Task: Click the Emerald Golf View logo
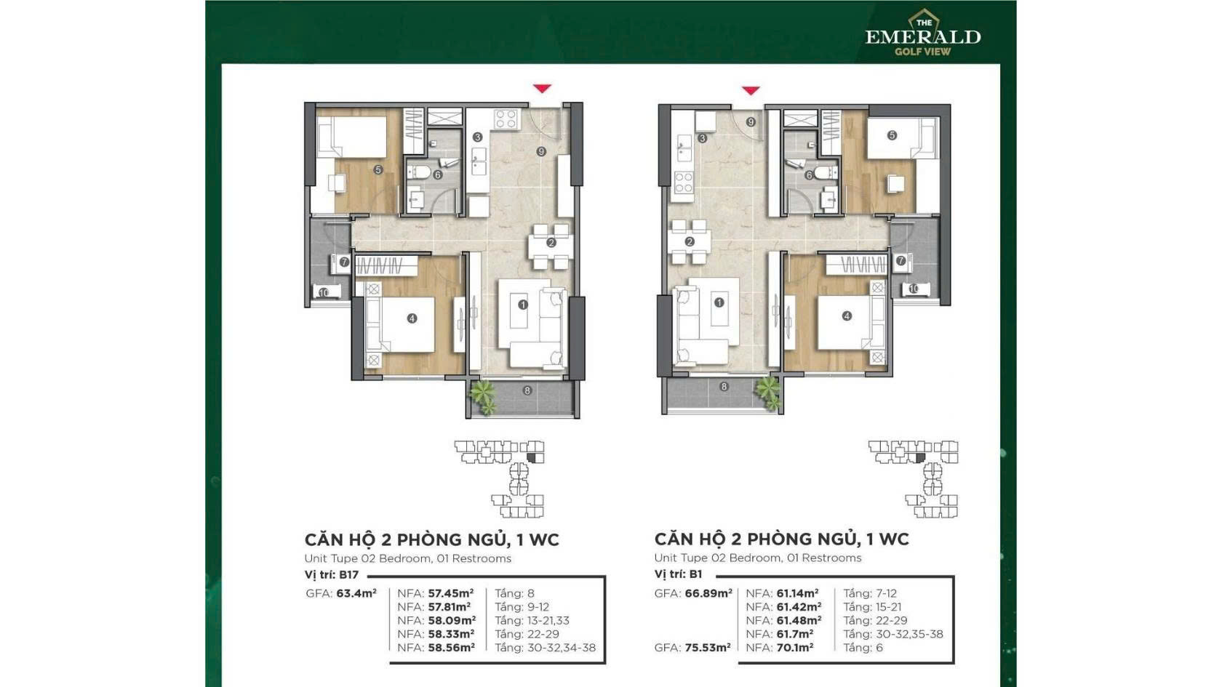coord(922,32)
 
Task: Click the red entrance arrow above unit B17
coord(543,89)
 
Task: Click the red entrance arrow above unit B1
coord(751,90)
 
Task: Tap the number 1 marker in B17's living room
coord(523,305)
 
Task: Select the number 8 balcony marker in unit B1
coord(724,387)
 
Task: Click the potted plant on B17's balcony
coord(483,397)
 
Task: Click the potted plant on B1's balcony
coord(770,393)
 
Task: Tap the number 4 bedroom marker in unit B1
coord(847,316)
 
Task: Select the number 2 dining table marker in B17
coord(551,243)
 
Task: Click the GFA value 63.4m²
coord(356,593)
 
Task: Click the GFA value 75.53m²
coord(708,648)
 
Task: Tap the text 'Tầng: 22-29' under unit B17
coord(527,634)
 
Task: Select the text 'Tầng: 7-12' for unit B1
coord(870,593)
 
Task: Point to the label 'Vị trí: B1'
coord(679,574)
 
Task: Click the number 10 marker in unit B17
coord(324,293)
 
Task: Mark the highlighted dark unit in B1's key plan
coord(920,457)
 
